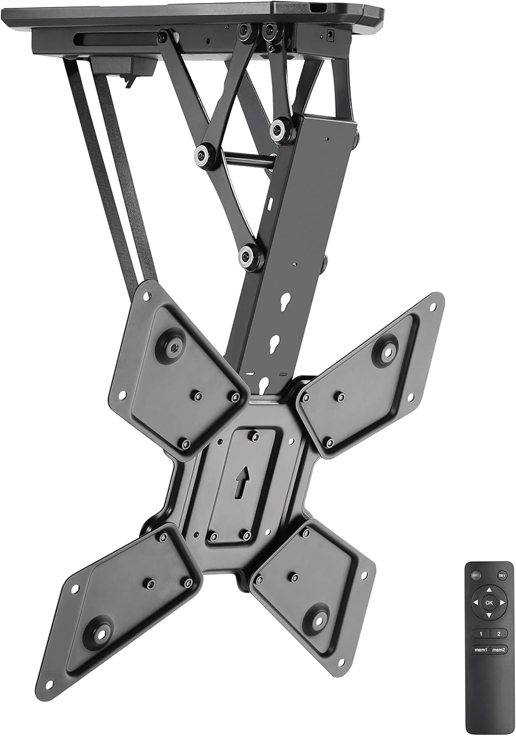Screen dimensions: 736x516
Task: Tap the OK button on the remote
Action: (x=489, y=603)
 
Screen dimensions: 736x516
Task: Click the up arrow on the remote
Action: (x=489, y=590)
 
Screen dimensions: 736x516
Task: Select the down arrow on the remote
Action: (x=489, y=615)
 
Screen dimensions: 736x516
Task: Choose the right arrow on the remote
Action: (x=501, y=603)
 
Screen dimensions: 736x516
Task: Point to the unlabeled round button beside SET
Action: (x=476, y=575)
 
